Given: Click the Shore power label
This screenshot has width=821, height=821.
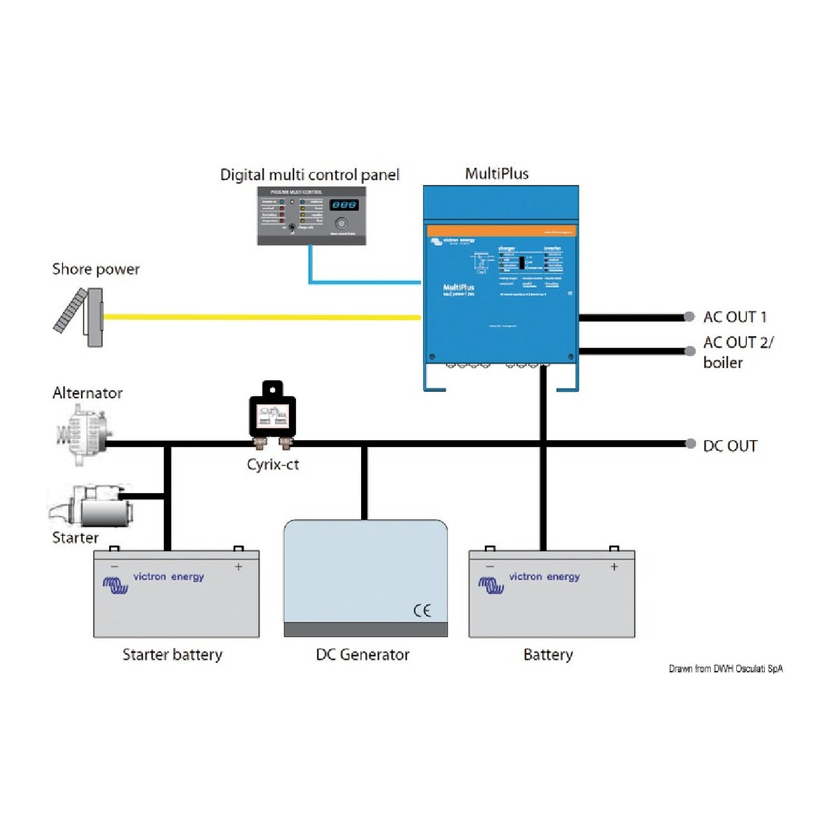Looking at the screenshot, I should pos(96,269).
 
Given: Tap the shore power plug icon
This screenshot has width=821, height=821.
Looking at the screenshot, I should pos(79,317).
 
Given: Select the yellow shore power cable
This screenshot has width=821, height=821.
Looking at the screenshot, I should pos(262,316).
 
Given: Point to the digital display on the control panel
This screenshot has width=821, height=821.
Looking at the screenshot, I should pos(344,205).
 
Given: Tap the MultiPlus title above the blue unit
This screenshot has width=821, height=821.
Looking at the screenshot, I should pos(496,174).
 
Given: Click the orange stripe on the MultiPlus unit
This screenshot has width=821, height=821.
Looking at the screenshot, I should pos(501,231).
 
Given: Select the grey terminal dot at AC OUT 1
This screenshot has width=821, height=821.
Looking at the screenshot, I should pos(689,316).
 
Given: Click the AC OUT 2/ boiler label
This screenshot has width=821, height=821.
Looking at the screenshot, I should pos(737,352).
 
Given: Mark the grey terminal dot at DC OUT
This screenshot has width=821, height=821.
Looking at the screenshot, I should pos(690,444).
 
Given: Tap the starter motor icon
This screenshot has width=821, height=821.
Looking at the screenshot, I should pos(91,505).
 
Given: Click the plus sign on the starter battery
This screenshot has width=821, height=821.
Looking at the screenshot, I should pos(239,566).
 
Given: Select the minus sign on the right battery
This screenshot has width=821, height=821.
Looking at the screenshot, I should pos(490,566).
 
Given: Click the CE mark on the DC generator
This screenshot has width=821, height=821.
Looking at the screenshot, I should pos(422,610).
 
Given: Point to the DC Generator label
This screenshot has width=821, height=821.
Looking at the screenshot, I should pos(362,655).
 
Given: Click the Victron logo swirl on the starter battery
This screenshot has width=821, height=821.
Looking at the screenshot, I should pos(115,584).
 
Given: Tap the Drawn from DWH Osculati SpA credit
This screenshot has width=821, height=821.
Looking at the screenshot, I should pos(725,669).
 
